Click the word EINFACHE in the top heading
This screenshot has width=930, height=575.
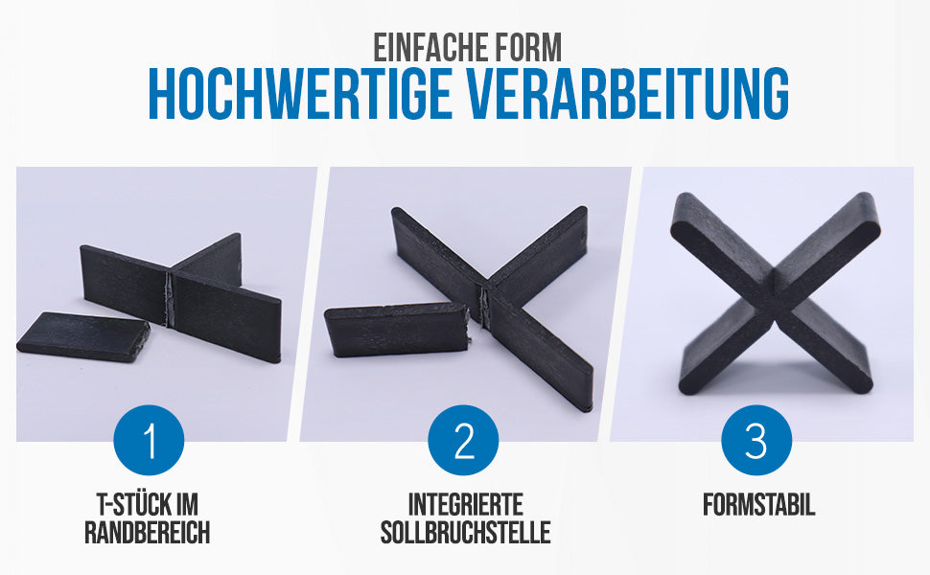(x=430, y=49)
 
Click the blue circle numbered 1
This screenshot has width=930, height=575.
(x=149, y=442)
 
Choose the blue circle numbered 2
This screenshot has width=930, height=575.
(x=464, y=442)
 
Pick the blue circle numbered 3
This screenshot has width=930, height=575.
(x=756, y=442)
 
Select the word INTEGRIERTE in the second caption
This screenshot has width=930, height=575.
(x=465, y=505)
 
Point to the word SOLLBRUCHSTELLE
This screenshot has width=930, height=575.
(x=465, y=533)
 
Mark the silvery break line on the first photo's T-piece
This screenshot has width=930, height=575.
(x=171, y=299)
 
